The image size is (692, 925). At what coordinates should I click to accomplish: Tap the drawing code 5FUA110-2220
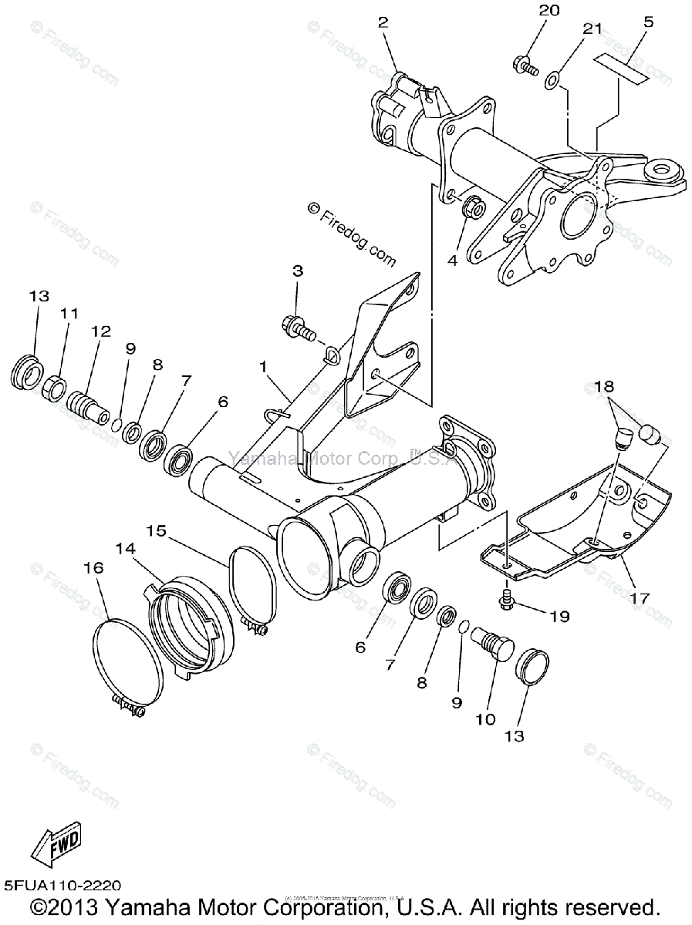tap(62, 887)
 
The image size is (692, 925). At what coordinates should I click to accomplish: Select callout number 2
tap(383, 22)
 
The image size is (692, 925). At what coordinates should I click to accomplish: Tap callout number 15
tap(157, 531)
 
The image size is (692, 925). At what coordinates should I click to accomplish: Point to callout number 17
tap(639, 597)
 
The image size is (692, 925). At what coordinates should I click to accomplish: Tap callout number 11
tap(70, 314)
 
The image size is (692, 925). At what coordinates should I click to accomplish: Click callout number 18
tap(604, 386)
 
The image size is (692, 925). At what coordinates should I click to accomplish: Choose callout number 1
tap(264, 368)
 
